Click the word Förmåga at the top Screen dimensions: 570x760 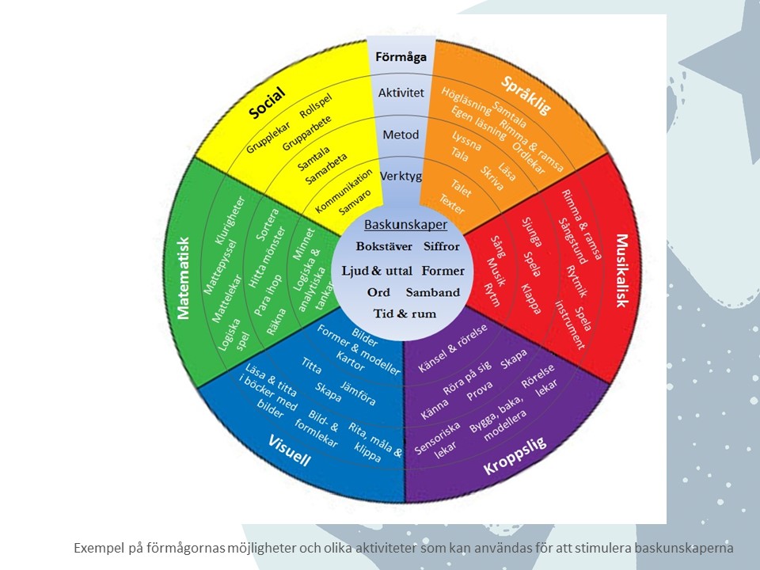click(x=402, y=57)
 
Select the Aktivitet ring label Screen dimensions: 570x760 click(x=401, y=93)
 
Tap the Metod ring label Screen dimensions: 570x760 click(x=401, y=135)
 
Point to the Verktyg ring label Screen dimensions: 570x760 click(x=402, y=175)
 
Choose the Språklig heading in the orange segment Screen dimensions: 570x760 click(x=526, y=96)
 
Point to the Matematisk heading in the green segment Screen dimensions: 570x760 click(x=184, y=277)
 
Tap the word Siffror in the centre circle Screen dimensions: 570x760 click(x=441, y=246)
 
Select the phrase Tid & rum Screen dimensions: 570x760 click(x=405, y=313)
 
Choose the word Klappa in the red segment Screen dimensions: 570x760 click(x=531, y=298)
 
